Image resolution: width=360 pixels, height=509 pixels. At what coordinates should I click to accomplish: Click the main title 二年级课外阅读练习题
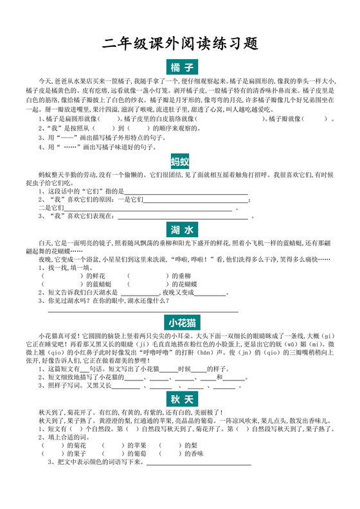click(x=180, y=44)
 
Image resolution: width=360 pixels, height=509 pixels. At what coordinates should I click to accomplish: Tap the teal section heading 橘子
click(x=180, y=68)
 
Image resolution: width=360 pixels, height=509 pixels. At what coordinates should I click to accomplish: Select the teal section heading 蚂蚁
click(x=180, y=161)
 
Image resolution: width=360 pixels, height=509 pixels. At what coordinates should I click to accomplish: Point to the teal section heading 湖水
click(x=180, y=229)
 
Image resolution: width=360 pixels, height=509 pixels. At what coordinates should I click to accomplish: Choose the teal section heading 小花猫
click(x=180, y=323)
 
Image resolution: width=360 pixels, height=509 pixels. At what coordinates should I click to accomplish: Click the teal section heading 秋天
click(x=180, y=399)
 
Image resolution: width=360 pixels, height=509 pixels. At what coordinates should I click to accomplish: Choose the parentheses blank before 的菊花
click(x=54, y=445)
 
